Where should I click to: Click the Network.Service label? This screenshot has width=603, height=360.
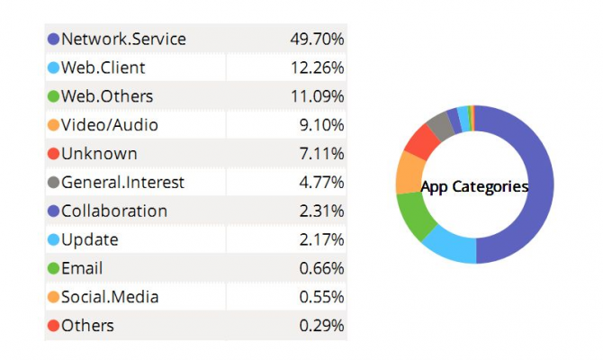pos(123,39)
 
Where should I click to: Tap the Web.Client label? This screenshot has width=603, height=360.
pos(103,67)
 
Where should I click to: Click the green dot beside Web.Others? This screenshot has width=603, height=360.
pos(53,96)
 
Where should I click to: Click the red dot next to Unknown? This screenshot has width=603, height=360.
pos(53,154)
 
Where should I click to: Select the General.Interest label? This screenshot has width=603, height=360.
pos(122,182)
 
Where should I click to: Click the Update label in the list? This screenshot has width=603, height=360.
pos(90,239)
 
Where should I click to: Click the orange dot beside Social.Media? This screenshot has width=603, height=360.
pos(53,297)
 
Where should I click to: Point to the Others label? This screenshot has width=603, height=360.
pos(87,326)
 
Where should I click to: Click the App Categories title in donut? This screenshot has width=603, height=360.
pos(474,186)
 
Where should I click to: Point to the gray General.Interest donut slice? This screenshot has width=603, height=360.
pos(439,125)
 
